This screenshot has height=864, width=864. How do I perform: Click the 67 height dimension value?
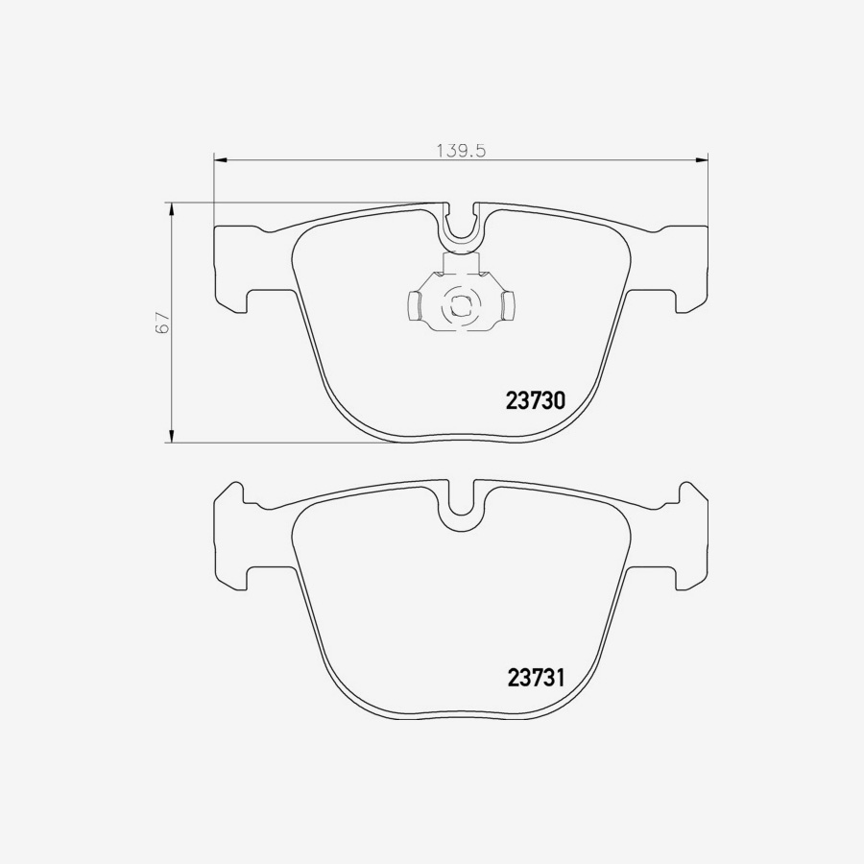coord(163,322)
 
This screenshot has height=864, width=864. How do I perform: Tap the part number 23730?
coord(535,400)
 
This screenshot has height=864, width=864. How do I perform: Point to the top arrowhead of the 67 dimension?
coord(172,208)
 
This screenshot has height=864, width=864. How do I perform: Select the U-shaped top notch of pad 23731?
coord(461,507)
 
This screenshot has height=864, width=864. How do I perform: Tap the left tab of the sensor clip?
coord(415,306)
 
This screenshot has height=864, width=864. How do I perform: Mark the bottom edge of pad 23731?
coord(461,716)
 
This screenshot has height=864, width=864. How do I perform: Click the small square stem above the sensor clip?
coord(460,264)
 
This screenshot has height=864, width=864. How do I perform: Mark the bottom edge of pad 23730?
coord(461,441)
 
